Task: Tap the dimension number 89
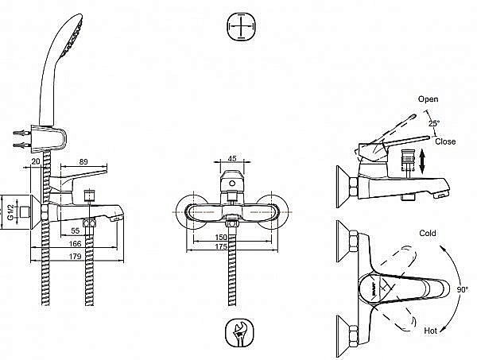[x=83, y=164]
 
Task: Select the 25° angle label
[x=433, y=123]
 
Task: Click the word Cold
[x=429, y=234]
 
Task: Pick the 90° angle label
[x=462, y=290]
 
